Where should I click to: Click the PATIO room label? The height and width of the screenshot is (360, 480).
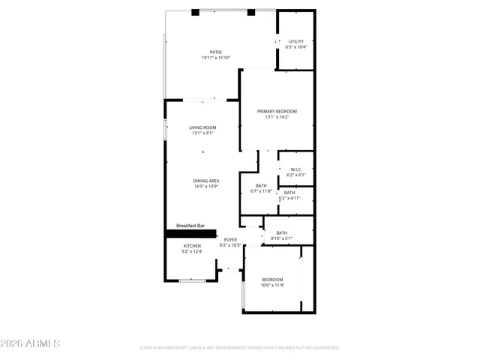point(215,52)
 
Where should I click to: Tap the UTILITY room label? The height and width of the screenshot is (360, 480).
point(296,41)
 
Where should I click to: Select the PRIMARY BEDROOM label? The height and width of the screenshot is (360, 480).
point(276,111)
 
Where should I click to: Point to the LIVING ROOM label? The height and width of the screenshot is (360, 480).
point(202,127)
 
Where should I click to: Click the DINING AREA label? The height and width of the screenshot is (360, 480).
point(205,181)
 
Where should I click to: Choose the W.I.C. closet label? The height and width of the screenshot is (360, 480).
point(296,169)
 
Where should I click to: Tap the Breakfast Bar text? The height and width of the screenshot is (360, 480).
point(190,226)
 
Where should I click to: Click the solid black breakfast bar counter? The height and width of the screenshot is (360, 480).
point(190,233)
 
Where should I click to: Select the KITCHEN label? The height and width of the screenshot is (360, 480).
point(192,246)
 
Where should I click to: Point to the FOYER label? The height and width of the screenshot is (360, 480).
point(230,239)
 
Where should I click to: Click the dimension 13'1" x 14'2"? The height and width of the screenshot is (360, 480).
point(276,117)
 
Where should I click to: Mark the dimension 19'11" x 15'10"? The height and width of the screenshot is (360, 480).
point(215,58)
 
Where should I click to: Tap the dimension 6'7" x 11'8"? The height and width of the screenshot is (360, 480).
point(261,191)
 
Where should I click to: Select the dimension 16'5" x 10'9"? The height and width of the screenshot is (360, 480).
point(205,186)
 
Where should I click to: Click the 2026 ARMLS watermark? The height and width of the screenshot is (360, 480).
point(30,343)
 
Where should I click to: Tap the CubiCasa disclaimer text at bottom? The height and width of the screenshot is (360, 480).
point(240,348)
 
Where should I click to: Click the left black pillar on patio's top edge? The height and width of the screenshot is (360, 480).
point(195,12)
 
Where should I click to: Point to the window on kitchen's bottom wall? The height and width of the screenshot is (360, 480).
point(193,280)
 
